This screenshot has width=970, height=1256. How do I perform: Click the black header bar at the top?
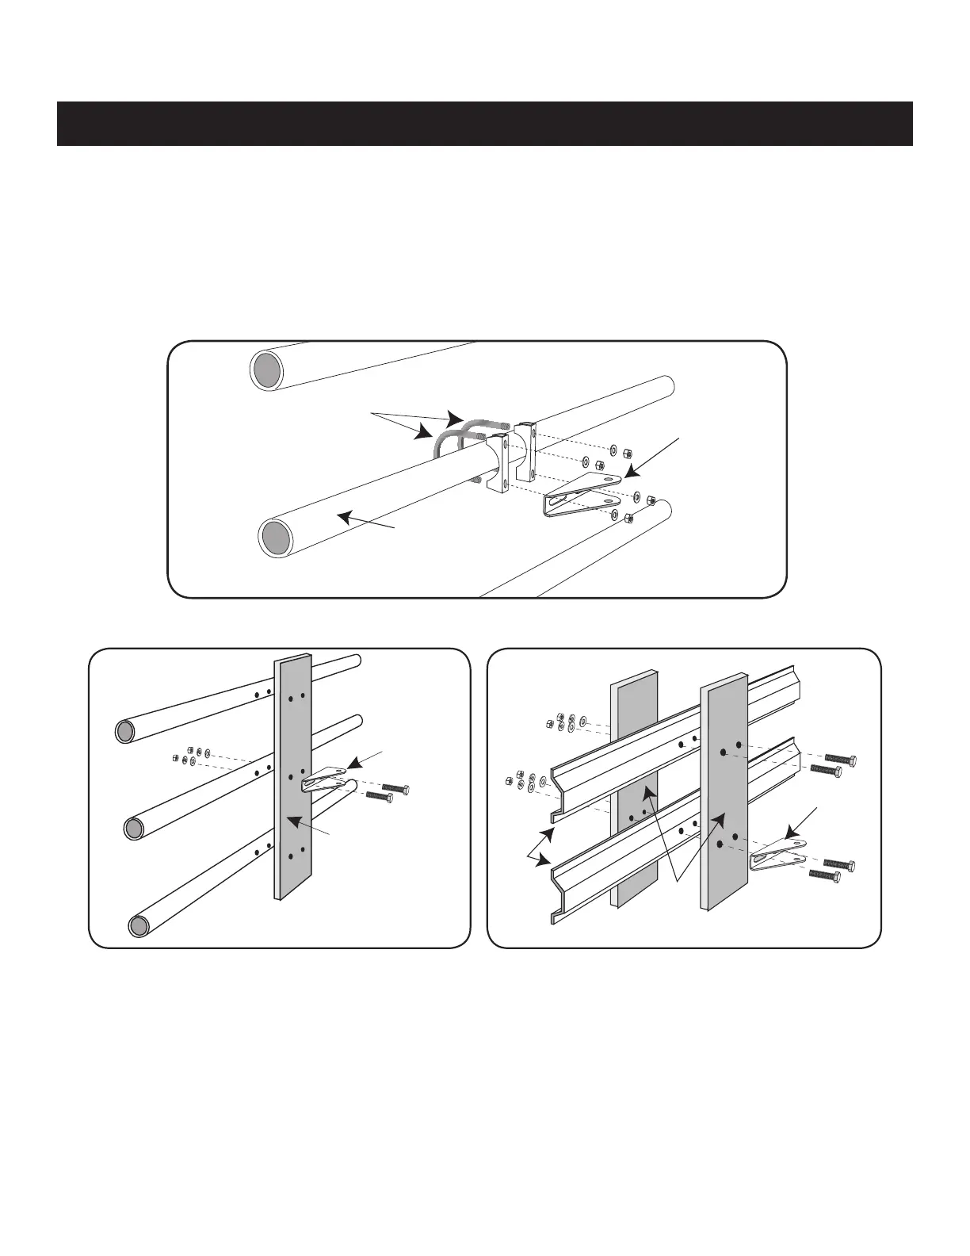[x=484, y=124]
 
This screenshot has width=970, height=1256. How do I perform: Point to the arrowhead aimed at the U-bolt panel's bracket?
[x=631, y=474]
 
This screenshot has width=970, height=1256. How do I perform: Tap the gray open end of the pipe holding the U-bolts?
[x=275, y=538]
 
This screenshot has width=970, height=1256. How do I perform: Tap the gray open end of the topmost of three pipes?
[x=124, y=731]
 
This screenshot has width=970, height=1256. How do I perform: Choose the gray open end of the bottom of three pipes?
[x=139, y=925]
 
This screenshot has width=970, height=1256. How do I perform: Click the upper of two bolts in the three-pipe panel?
[x=395, y=788]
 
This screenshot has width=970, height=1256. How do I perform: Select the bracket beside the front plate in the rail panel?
[x=777, y=853]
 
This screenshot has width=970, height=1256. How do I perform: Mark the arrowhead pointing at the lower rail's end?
[x=544, y=864]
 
